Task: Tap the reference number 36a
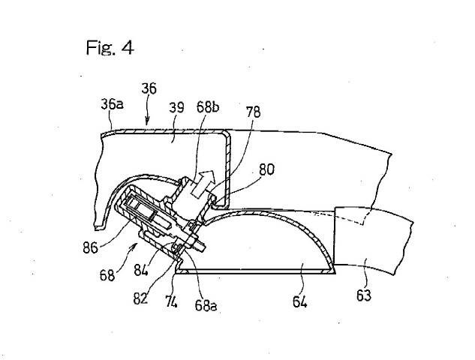point(111,104)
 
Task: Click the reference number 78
point(254,112)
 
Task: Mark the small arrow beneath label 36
point(147,118)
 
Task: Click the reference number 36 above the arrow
point(149,88)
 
